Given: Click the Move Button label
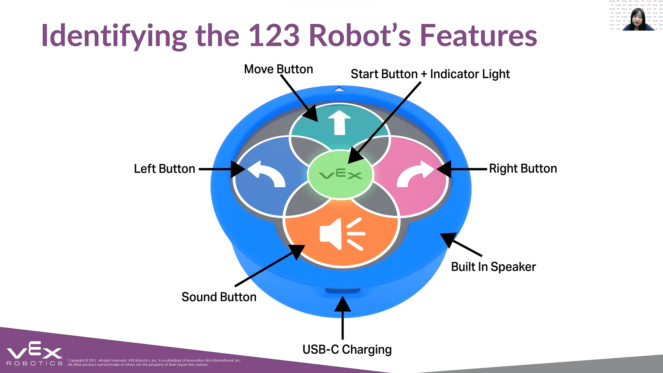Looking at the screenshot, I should click(278, 69).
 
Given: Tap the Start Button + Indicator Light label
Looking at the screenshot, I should click(430, 74).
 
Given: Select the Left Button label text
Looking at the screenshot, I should click(164, 169).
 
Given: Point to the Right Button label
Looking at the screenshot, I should click(523, 168).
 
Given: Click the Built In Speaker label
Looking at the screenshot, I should click(493, 267).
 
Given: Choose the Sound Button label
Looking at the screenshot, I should click(219, 297).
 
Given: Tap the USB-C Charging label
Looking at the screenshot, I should click(347, 349).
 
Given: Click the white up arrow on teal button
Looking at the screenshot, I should click(339, 122).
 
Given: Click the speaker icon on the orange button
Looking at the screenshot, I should click(342, 234).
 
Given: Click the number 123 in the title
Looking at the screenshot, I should click(274, 36).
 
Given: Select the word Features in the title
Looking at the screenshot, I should click(478, 36).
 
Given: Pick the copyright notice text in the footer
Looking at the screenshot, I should click(154, 362).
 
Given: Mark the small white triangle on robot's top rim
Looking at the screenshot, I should click(339, 89).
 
